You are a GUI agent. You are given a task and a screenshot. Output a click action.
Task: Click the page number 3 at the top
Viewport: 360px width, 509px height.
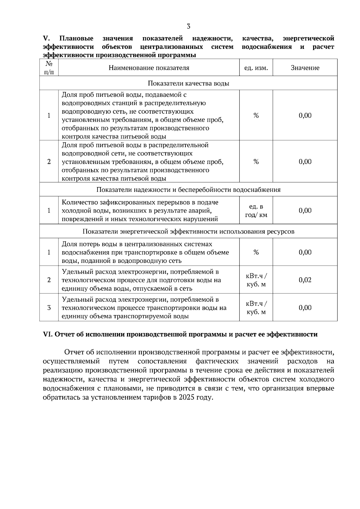click(188, 26)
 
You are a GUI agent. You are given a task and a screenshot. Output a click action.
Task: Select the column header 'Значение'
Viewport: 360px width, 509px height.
click(305, 68)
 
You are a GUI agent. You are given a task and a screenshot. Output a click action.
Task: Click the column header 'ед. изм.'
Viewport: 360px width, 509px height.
click(256, 68)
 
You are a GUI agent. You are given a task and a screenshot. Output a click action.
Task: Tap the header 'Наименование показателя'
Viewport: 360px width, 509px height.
click(149, 68)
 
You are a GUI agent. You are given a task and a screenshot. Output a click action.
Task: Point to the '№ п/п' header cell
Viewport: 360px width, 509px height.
click(49, 68)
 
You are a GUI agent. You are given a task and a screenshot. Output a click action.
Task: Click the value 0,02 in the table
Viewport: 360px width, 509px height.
click(305, 280)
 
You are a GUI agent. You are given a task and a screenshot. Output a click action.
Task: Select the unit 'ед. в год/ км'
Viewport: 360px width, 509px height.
click(256, 211)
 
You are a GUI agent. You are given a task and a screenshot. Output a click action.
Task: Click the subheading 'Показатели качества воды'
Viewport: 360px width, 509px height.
click(188, 83)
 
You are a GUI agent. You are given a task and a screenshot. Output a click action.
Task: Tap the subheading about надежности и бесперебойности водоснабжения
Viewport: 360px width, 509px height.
click(188, 190)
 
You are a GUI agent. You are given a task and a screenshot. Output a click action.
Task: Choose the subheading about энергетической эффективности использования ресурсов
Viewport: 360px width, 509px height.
click(188, 231)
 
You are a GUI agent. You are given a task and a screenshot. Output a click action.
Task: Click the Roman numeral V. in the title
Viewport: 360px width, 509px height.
click(46, 38)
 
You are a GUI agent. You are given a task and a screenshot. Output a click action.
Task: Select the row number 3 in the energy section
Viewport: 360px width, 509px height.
click(49, 308)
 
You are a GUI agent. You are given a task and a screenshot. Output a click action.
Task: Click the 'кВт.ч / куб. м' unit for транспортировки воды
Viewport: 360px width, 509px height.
click(256, 308)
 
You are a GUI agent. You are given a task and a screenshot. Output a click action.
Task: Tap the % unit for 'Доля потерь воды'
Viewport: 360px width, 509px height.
click(256, 252)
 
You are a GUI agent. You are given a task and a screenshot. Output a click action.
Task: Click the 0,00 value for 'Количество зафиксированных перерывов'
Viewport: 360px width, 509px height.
click(305, 211)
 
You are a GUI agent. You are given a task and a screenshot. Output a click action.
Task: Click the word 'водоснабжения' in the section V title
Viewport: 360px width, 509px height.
click(266, 47)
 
